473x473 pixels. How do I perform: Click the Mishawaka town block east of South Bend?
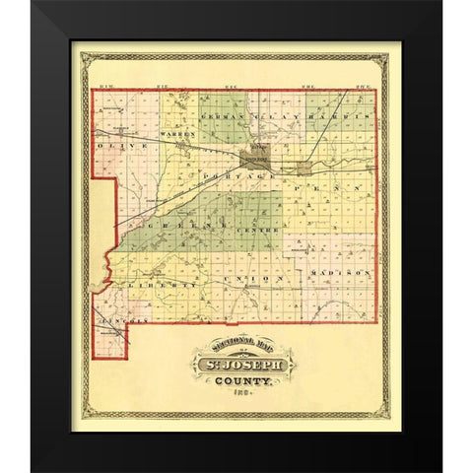(x=297, y=167)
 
